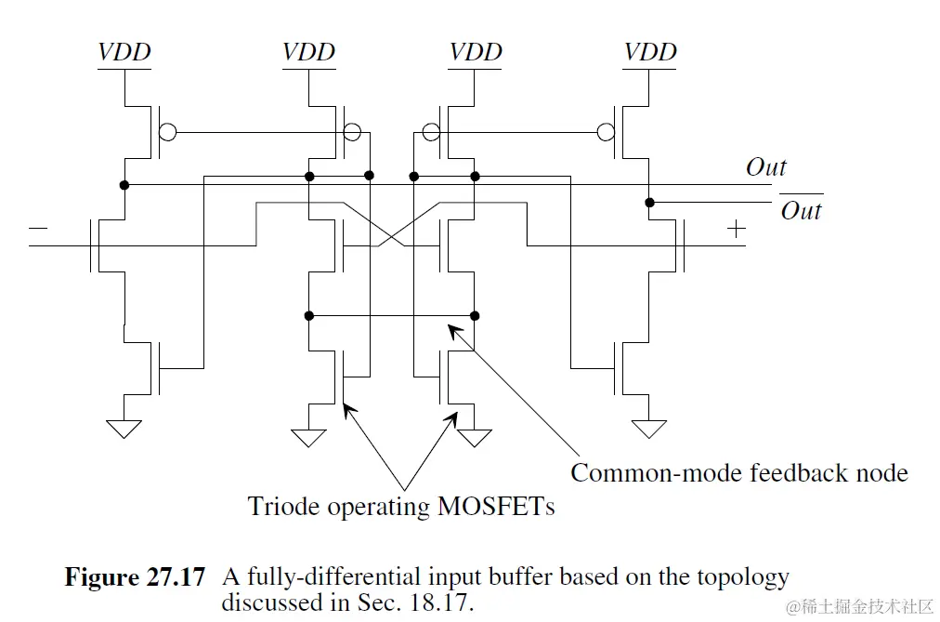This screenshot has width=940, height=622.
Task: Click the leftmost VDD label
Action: (124, 52)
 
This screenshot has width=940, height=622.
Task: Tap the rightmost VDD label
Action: (650, 52)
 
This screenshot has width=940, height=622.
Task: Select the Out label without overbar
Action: (765, 167)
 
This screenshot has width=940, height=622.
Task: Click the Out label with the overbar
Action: (800, 210)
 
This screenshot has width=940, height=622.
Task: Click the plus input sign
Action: (736, 229)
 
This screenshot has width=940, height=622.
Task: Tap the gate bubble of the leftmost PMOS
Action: (166, 132)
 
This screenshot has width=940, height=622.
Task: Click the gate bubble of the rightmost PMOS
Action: (607, 132)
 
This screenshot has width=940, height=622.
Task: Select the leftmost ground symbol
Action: (124, 429)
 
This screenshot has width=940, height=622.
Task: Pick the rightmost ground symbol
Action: (649, 429)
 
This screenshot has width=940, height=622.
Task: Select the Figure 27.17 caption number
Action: (135, 577)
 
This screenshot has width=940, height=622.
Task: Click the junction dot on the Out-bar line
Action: (649, 203)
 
